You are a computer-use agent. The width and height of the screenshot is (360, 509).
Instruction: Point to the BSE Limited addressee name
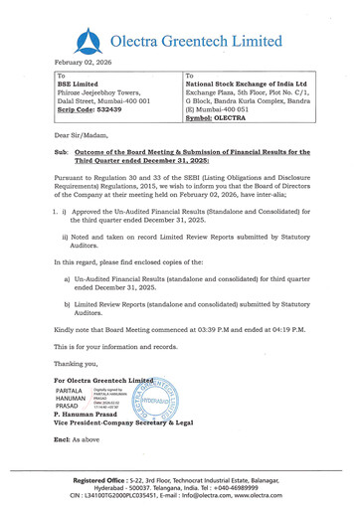click(x=83, y=85)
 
